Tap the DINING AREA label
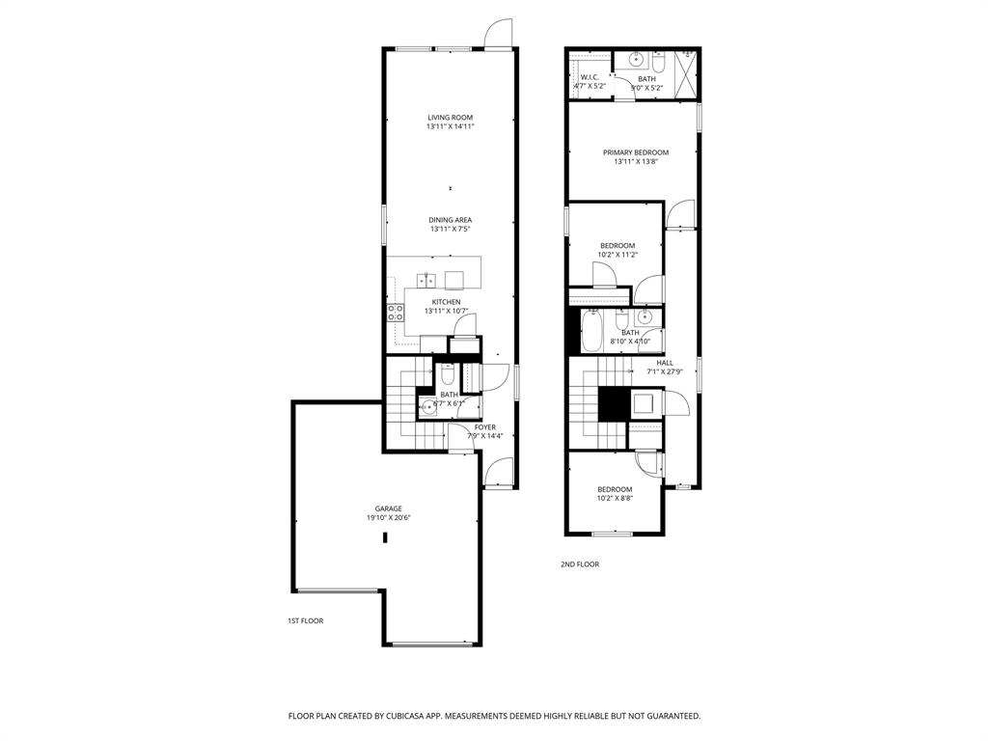[451, 220]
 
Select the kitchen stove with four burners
[396, 312]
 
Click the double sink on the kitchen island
[427, 280]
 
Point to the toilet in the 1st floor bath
[447, 375]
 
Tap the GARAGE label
[389, 508]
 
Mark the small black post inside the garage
[385, 538]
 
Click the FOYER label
[484, 427]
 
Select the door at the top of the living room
[498, 35]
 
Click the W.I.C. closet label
[590, 77]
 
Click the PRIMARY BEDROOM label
[635, 152]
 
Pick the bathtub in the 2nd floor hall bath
[590, 329]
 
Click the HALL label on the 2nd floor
[665, 363]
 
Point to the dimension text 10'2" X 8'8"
[615, 499]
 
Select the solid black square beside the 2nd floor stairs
[612, 402]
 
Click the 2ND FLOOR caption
[579, 564]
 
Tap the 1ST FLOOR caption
[304, 621]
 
